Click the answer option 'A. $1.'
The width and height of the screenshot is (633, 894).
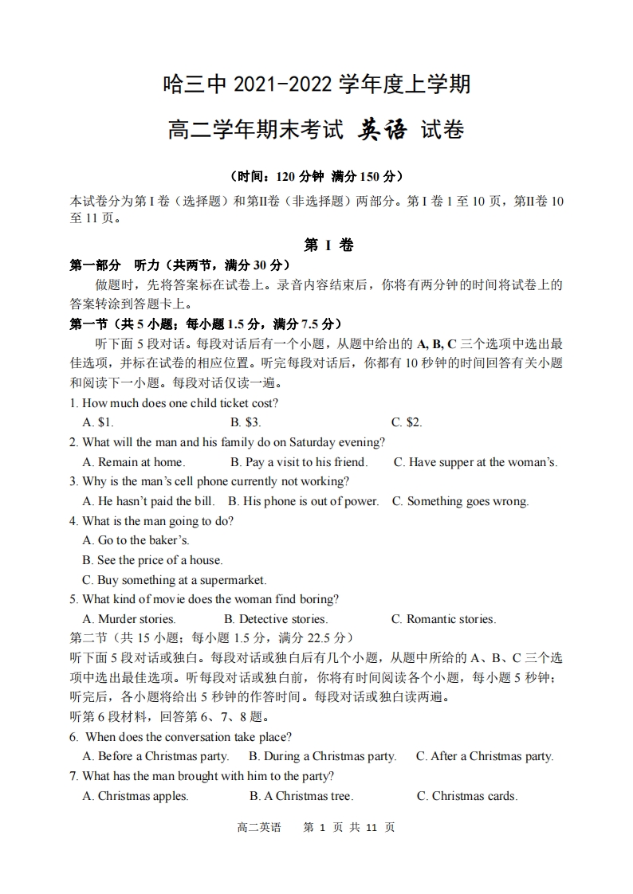coord(98,422)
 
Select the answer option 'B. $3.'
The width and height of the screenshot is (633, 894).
coord(246,422)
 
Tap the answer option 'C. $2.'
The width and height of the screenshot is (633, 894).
coord(407,422)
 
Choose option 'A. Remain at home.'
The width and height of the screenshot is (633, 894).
coord(134,462)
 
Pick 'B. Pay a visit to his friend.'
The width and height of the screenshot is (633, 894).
coord(299,462)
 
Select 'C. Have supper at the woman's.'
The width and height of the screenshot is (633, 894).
coord(475,462)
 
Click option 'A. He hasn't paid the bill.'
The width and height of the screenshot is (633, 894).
coord(149,501)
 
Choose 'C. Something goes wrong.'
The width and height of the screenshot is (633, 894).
coord(460,501)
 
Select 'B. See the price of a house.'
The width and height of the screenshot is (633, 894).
coord(152,560)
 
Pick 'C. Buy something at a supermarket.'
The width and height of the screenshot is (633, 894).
coord(175,580)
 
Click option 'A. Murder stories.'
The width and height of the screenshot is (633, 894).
coord(129,619)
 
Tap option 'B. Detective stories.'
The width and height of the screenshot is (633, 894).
coord(276,619)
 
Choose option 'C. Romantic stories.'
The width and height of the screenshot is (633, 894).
coord(443,619)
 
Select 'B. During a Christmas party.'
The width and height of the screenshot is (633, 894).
coord(322,756)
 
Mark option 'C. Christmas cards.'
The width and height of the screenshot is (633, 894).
coord(467,796)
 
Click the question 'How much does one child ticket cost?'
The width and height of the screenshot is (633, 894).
coord(180,403)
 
